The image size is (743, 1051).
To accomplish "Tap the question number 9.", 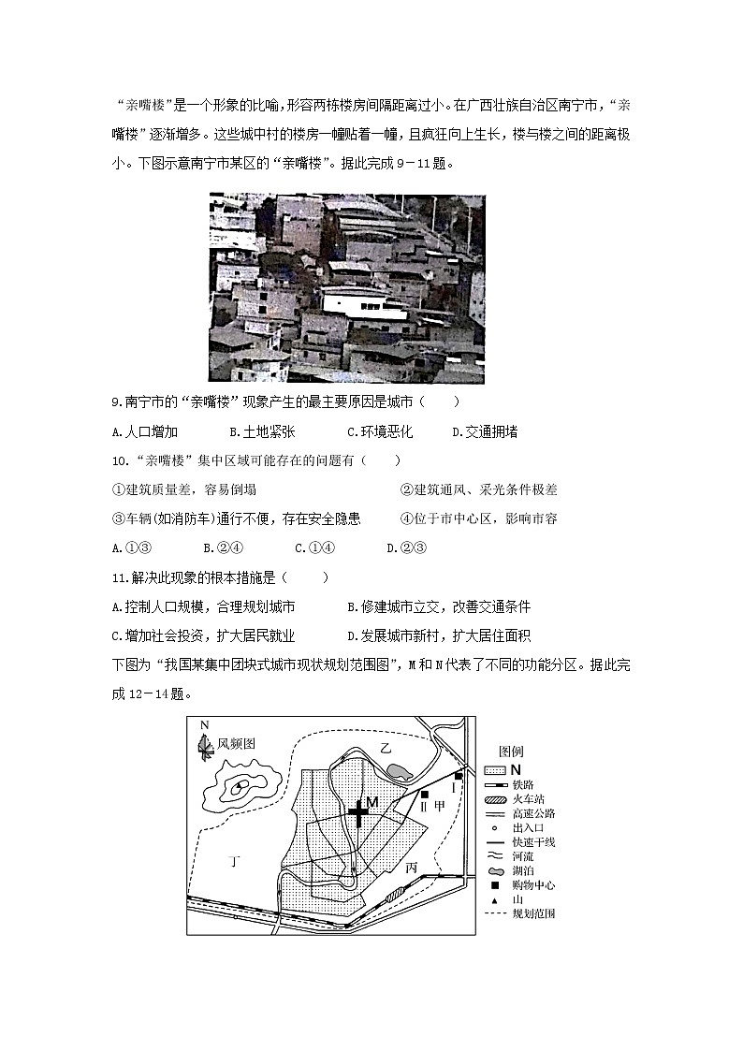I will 116,402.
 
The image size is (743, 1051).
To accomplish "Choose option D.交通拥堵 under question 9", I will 485,431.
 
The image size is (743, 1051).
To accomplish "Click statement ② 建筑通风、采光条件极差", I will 478,489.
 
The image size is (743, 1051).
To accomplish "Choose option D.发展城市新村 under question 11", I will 438,635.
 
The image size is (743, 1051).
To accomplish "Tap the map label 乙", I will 386,746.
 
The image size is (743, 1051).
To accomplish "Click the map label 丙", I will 412,868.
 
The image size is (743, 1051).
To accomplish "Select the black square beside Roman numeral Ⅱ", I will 425,794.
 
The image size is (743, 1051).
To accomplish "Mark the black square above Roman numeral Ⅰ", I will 459,776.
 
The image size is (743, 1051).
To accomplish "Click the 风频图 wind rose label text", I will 237,744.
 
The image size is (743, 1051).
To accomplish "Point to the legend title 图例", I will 511,751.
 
